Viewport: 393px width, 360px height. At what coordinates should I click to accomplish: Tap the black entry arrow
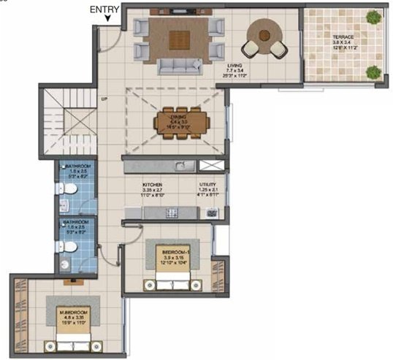point(108,20)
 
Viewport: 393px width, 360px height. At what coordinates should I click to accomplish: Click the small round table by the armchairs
point(263,32)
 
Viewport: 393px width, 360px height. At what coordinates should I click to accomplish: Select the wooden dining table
point(180,122)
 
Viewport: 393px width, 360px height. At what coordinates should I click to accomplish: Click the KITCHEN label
point(152,185)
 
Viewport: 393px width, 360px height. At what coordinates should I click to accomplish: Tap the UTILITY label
point(208,185)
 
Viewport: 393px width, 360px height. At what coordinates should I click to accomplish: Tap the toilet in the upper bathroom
point(67,189)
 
